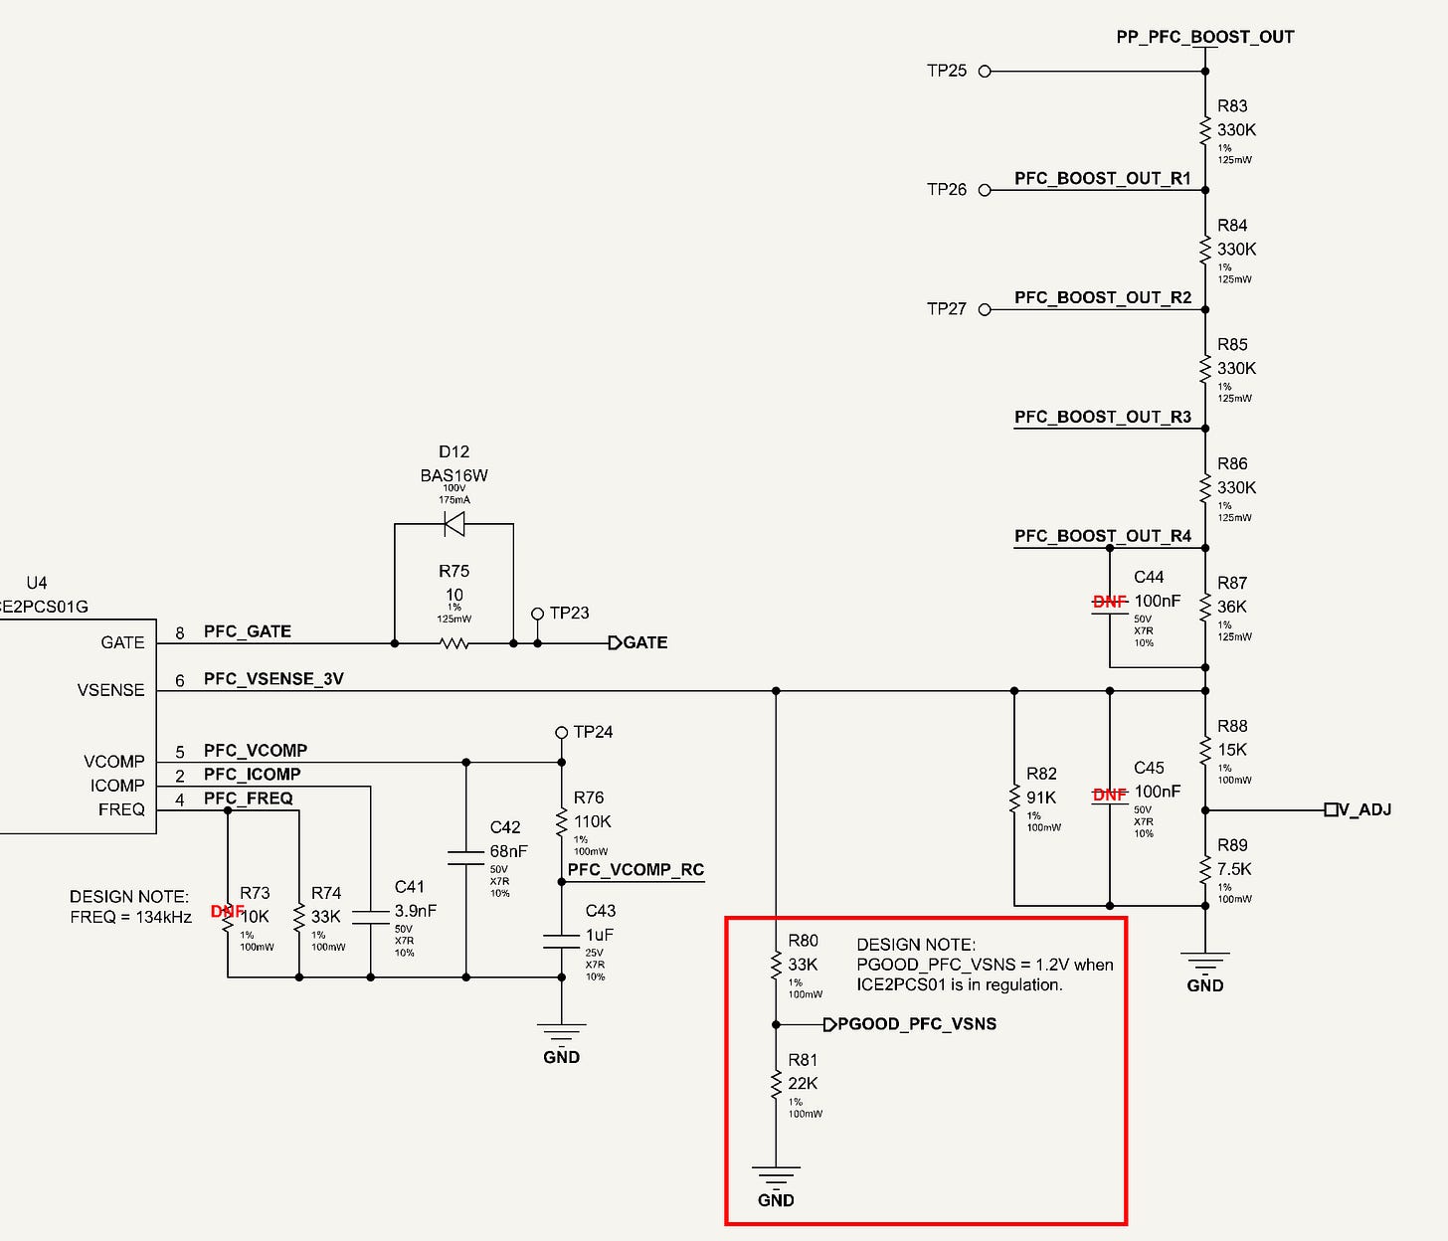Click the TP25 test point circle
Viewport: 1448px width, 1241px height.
tap(985, 71)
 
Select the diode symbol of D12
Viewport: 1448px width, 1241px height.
tap(453, 523)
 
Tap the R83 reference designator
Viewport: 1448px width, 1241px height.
tap(1232, 105)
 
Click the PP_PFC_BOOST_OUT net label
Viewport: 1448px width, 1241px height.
tap(1205, 37)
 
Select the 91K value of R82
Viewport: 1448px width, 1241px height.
tap(1041, 798)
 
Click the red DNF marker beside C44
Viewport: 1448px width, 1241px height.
tap(1110, 601)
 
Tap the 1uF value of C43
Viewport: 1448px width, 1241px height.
tap(600, 935)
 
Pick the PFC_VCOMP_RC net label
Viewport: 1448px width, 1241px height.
tap(635, 870)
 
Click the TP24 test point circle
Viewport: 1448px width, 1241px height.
tap(561, 733)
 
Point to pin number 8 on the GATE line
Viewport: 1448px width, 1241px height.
tap(180, 633)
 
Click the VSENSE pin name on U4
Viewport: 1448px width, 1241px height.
tap(110, 690)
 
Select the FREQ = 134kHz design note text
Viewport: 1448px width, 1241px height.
tap(131, 917)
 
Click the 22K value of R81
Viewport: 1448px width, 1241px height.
tap(803, 1084)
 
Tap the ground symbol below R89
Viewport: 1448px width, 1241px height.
tap(1205, 961)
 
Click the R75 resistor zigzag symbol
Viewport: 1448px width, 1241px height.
tap(453, 643)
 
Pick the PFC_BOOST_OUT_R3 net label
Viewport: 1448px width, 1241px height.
tap(1103, 418)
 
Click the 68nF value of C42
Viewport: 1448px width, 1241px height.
tap(508, 851)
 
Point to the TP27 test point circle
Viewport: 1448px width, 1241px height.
tap(985, 309)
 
